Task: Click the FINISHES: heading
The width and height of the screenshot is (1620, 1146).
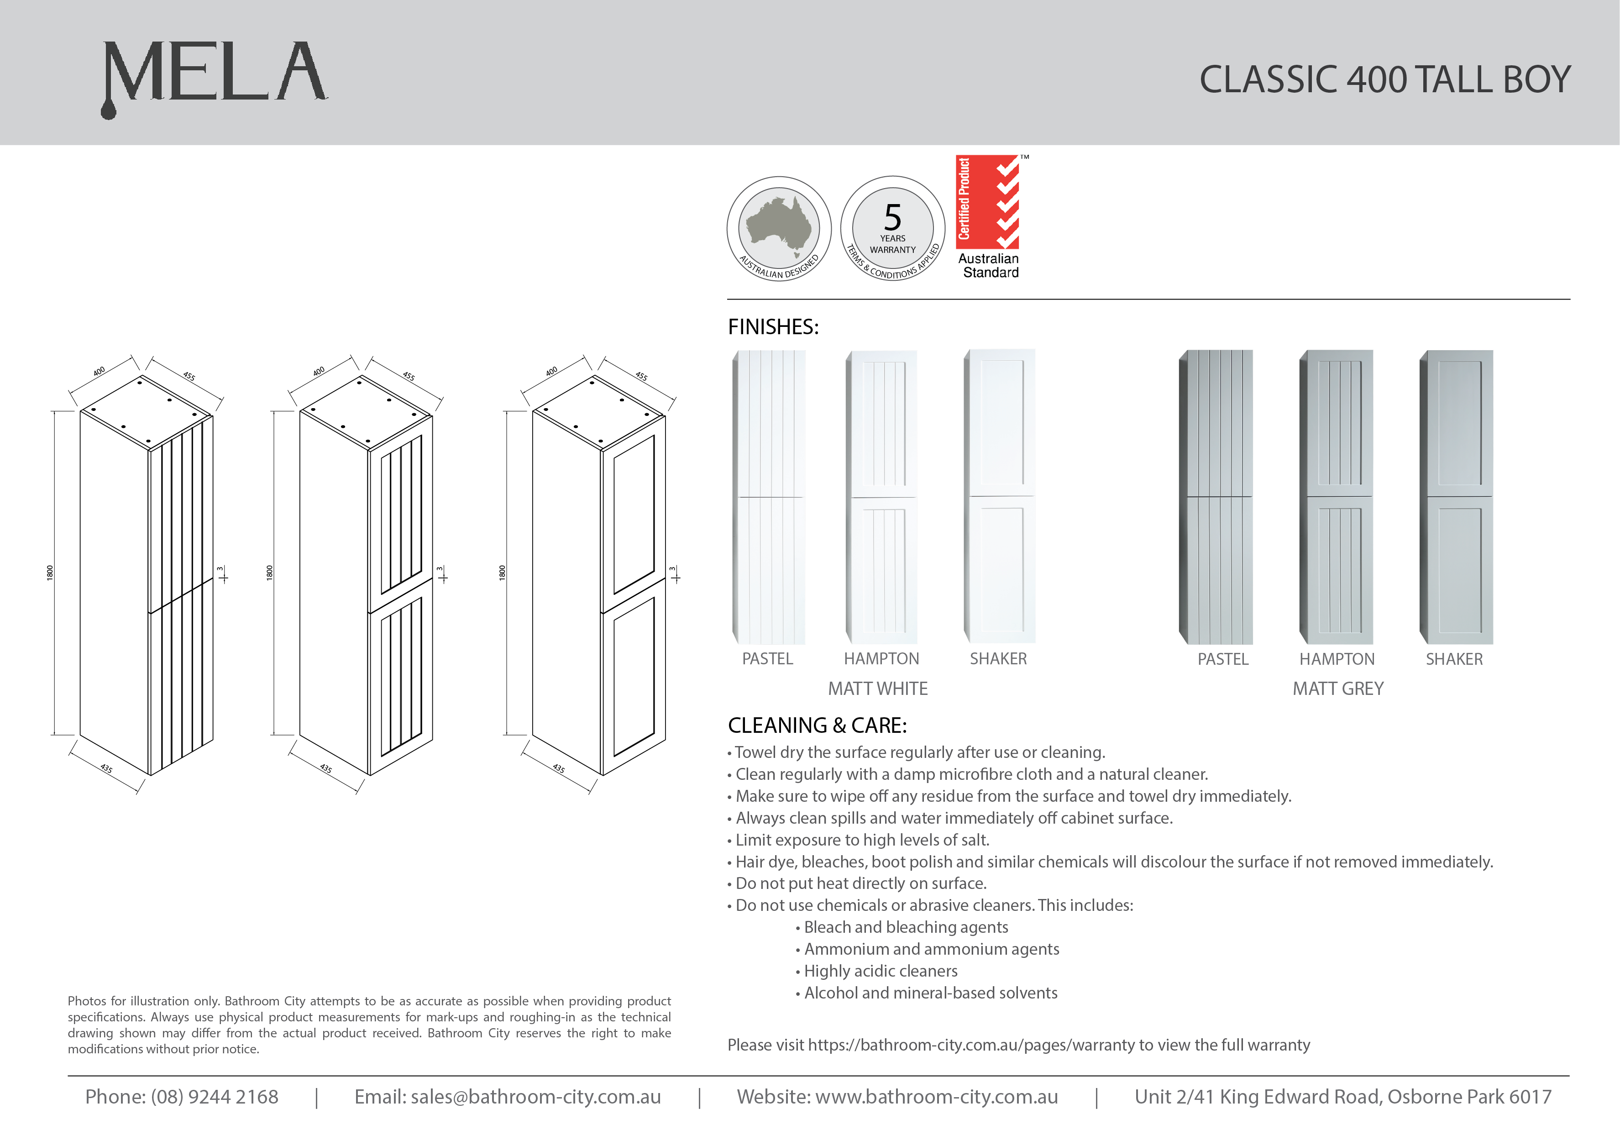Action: pyautogui.click(x=773, y=327)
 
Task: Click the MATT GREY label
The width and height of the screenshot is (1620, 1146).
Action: pyautogui.click(x=1338, y=689)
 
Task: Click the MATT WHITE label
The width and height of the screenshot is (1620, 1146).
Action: pyautogui.click(x=878, y=689)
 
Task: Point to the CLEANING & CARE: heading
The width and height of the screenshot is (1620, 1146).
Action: pyautogui.click(x=817, y=725)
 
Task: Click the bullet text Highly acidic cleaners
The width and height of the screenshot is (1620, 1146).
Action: pyautogui.click(x=881, y=971)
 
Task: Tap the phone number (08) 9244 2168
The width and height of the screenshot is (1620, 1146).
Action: pyautogui.click(x=215, y=1097)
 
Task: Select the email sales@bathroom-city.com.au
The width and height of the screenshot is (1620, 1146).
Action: pyautogui.click(x=535, y=1097)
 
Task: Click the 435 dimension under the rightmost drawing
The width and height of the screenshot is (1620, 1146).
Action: pyautogui.click(x=558, y=768)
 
